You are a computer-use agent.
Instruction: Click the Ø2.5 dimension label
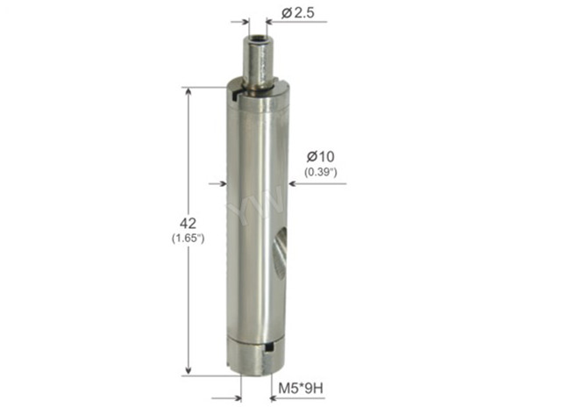tap(298, 13)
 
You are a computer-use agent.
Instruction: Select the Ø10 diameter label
tap(320, 157)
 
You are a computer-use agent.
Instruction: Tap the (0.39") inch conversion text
tap(321, 172)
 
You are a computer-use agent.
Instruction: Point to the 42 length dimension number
tap(188, 223)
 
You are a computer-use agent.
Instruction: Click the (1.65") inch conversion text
tap(188, 239)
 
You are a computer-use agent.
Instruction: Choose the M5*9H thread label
tap(301, 389)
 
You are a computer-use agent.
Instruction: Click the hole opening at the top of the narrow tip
tap(258, 38)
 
